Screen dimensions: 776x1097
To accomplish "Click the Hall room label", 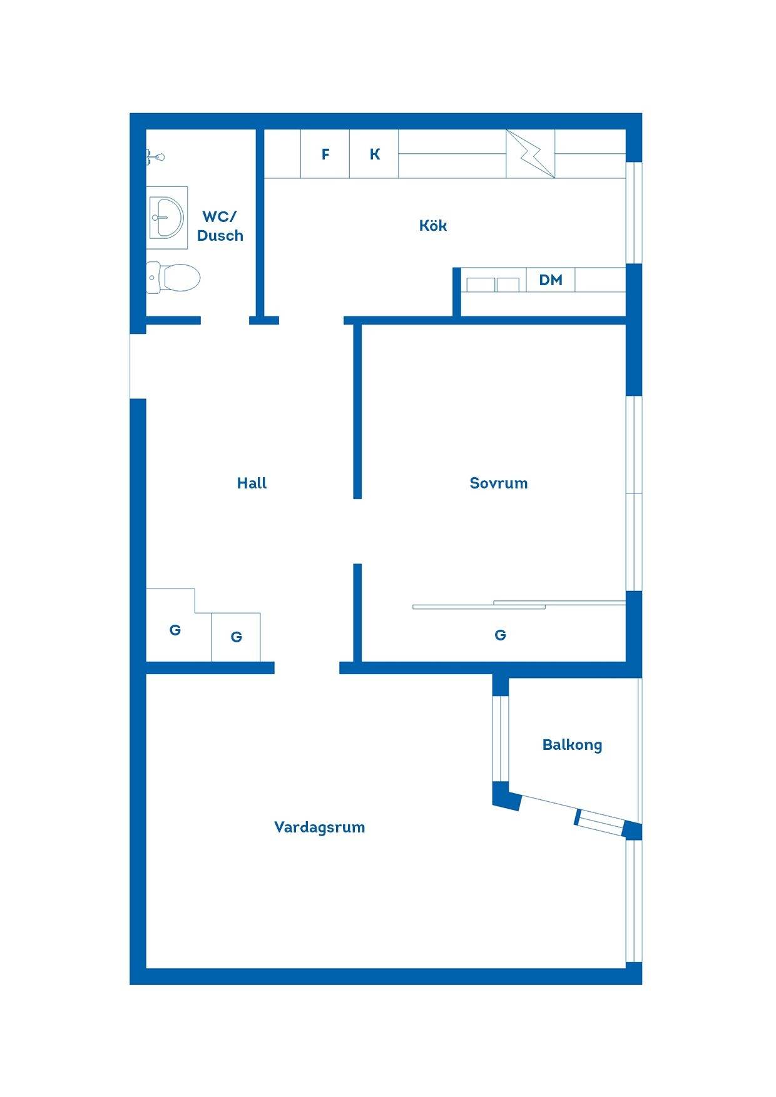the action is click(252, 483).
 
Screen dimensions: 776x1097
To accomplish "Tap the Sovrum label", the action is click(499, 483).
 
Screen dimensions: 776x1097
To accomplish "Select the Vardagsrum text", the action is click(319, 827).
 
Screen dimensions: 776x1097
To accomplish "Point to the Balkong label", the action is click(572, 745).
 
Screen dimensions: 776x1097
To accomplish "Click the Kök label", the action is click(433, 225).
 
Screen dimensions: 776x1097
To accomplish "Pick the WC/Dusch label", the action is click(220, 226).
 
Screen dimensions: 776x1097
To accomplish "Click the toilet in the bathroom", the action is click(173, 277).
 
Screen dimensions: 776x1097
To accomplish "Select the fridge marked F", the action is click(325, 154).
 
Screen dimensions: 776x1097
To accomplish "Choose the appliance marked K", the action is click(374, 154).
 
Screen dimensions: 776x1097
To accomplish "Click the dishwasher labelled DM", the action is click(551, 280).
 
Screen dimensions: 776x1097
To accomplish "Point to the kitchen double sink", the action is click(493, 285).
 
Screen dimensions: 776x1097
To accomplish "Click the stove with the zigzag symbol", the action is click(530, 154).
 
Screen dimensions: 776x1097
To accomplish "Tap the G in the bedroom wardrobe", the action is click(500, 635).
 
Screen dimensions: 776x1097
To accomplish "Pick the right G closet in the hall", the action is click(235, 637).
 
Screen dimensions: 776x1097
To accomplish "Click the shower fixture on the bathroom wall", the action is click(155, 156).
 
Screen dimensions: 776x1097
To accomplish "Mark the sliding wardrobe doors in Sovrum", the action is click(519, 604).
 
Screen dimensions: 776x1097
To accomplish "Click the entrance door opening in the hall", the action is click(138, 366).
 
